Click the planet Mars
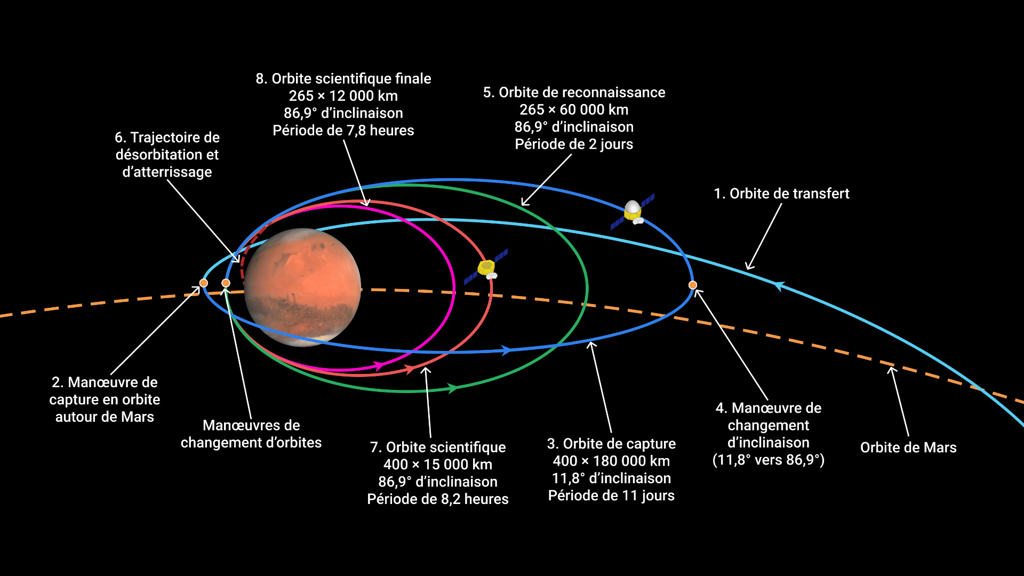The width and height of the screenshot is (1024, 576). [x=302, y=287]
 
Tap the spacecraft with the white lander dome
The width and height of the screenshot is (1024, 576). [x=633, y=212]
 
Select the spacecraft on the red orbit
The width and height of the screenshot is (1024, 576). [x=486, y=267]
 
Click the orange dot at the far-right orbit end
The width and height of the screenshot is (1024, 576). [x=693, y=285]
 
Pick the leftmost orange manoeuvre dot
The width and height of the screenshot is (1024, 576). [x=204, y=283]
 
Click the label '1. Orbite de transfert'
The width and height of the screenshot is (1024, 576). [x=781, y=194]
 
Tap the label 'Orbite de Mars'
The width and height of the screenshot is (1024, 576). [x=908, y=447]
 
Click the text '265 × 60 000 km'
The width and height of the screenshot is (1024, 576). [x=574, y=110]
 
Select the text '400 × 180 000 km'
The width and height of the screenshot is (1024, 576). [x=611, y=461]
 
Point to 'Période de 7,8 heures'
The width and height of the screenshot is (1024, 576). [x=343, y=131]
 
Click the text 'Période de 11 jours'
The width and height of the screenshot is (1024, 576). [x=611, y=496]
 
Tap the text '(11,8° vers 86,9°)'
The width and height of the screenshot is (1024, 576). [x=769, y=460]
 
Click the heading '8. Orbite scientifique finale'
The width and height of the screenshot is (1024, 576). [x=343, y=79]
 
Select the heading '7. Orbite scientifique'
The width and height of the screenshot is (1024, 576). [x=438, y=447]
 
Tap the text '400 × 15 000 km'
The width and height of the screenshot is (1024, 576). [x=438, y=465]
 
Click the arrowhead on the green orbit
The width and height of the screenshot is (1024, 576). [x=452, y=388]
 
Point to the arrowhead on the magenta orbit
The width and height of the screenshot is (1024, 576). [x=378, y=366]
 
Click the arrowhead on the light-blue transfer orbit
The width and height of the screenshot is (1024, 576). [x=779, y=286]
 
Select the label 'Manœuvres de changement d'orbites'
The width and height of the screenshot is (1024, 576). [x=251, y=434]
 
